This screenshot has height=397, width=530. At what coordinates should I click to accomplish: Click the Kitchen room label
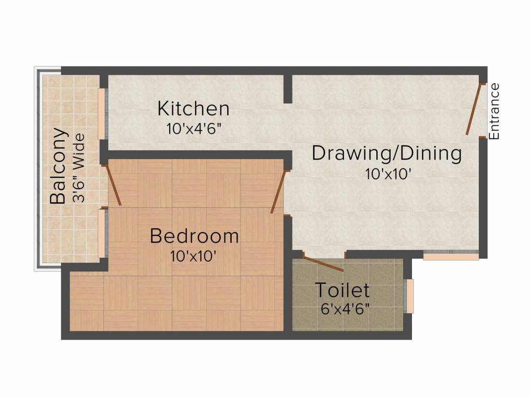point(193,109)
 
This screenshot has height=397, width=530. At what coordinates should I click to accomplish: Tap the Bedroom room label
point(194,236)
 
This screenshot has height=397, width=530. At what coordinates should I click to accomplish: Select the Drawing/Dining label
point(386,154)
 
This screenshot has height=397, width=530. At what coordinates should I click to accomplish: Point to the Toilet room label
point(342,290)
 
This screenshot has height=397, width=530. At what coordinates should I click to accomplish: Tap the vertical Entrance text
point(494,111)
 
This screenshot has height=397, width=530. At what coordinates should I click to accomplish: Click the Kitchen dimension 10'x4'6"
point(194,129)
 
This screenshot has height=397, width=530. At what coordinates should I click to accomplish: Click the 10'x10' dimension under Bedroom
point(193,256)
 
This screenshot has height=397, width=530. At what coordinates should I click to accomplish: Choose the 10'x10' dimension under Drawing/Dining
point(388,174)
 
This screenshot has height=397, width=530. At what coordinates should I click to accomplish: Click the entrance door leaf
point(475,109)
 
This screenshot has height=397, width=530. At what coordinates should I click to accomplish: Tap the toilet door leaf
point(323,263)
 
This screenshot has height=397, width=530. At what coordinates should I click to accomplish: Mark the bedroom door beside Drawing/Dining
point(278,191)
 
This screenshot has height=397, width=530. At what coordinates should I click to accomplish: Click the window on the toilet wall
point(410,296)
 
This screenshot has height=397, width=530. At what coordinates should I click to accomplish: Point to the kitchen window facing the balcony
point(103,114)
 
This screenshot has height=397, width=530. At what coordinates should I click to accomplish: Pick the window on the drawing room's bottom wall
point(451,256)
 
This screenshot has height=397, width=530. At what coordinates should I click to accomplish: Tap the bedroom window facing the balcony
point(103,233)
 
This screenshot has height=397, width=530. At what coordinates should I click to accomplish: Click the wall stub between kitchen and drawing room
point(288,89)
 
